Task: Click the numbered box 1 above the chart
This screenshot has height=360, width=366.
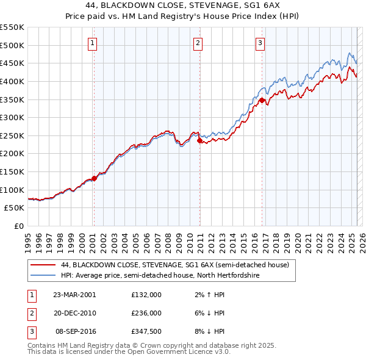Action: [x=91, y=43]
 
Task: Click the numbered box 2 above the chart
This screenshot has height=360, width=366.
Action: [x=198, y=43]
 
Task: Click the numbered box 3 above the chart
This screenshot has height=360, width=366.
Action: [x=260, y=43]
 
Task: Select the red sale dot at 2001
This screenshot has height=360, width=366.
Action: [x=95, y=178]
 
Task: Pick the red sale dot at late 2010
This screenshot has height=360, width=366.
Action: [x=200, y=141]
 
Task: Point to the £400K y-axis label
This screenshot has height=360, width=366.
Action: [x=12, y=81]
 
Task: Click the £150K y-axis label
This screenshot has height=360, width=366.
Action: [x=12, y=171]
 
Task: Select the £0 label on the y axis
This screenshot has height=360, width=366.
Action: [x=18, y=226]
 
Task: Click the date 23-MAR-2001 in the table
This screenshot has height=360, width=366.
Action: [x=74, y=294]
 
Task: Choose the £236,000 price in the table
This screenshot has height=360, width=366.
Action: [x=146, y=313]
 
